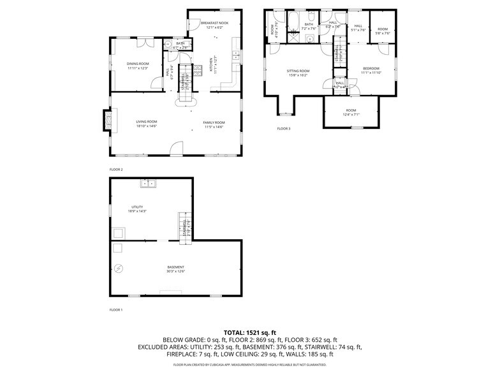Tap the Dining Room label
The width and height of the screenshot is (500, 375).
click(137, 64)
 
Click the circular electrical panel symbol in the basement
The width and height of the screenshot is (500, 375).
click(117, 268)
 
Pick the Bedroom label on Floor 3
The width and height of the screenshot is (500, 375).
click(371, 68)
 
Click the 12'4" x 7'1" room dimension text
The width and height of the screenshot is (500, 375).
click(351, 114)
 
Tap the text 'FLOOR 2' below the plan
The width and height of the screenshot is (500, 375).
click(116, 170)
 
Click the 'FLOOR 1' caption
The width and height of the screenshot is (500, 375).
click(116, 309)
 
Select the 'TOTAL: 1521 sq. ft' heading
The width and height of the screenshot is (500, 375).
click(250, 332)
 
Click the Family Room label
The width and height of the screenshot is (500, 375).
click(214, 122)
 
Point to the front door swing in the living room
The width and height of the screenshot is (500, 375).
click(177, 149)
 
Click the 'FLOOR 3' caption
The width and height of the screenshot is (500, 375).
click(283, 129)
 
